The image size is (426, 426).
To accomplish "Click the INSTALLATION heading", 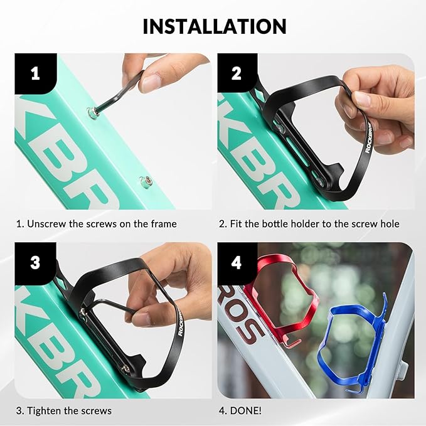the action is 215,26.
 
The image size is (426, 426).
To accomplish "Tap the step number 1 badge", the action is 36,73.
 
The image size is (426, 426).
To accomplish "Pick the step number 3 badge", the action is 35,263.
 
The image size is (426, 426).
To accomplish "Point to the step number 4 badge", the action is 237,263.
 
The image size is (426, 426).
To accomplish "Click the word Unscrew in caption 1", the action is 46,224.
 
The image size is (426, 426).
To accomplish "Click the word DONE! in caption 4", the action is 245,410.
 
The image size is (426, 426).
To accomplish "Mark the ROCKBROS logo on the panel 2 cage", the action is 368,138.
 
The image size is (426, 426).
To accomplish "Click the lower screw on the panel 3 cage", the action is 125,369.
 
